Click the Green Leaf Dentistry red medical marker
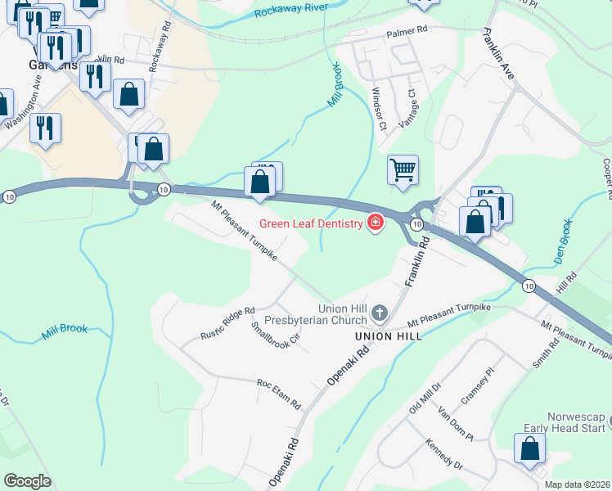376,223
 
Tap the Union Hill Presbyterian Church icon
379,313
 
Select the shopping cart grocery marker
402,170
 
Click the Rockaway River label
290,10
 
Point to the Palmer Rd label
407,30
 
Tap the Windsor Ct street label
378,109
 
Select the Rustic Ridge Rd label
228,325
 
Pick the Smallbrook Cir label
276,335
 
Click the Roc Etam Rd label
279,394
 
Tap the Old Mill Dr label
425,397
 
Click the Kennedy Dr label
444,453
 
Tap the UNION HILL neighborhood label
388,336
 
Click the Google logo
28,481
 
